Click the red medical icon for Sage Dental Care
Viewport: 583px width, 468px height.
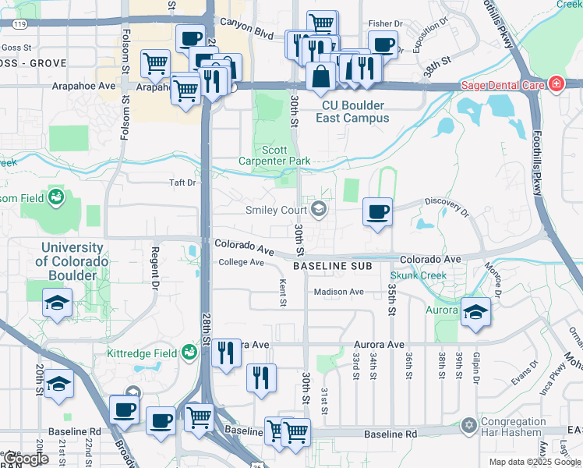[556, 83]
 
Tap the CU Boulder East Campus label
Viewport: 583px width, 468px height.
[352, 112]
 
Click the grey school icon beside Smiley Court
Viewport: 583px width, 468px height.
[318, 208]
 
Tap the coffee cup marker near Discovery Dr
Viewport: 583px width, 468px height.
[377, 212]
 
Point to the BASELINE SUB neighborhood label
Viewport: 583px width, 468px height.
[330, 266]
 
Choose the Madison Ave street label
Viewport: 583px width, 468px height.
[339, 292]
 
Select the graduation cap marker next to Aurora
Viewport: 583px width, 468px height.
[475, 312]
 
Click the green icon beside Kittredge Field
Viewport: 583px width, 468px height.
[189, 353]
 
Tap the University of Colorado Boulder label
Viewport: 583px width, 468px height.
[72, 261]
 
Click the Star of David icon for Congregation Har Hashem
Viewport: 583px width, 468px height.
[468, 425]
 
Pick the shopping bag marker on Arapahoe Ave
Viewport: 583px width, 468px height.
[321, 77]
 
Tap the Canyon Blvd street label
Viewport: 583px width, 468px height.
[247, 35]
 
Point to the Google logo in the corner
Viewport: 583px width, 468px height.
[26, 459]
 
